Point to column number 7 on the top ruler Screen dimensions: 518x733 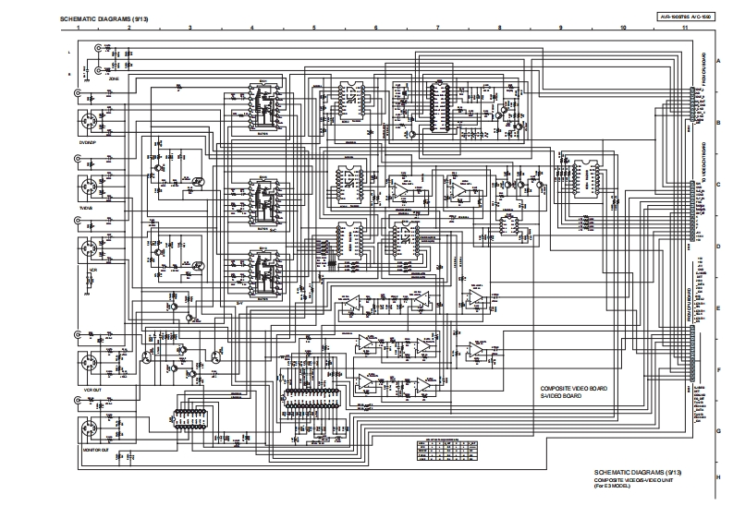click(437, 29)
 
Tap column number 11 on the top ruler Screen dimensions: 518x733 click(685, 29)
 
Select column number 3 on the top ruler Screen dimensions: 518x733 click(189, 29)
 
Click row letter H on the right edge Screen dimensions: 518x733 click(717, 476)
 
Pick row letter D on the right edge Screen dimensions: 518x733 click(717, 247)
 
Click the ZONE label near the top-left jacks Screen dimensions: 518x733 click(114, 79)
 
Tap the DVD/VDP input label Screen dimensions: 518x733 click(88, 142)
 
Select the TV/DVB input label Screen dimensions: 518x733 click(87, 208)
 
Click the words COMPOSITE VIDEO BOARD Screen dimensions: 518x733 click(573, 389)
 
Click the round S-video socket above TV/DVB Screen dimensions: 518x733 click(91, 187)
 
